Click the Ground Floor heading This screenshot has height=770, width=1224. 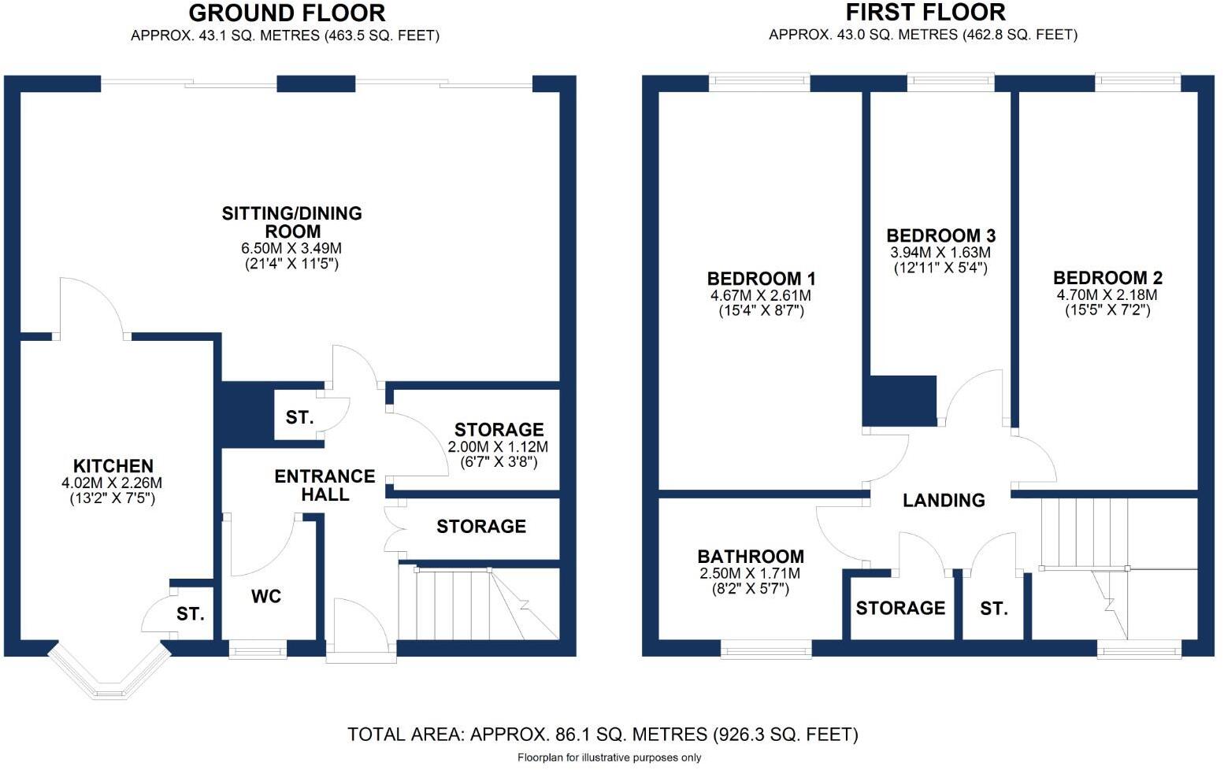pos(287,13)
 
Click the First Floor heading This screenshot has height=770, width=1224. pos(925,12)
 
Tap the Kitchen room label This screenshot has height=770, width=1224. pos(113,466)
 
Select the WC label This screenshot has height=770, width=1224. pos(266,596)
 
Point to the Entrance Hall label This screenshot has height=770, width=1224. pos(325,485)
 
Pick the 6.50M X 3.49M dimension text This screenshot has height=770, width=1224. pos(291,248)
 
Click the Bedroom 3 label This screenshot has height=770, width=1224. pos(941,235)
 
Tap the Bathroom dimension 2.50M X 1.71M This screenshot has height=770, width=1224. pos(750,573)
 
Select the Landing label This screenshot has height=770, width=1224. pos(944,500)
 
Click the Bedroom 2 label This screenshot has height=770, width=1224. pos(1107,277)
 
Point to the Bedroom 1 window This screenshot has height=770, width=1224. pos(759,82)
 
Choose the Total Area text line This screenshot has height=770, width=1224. pos(603,735)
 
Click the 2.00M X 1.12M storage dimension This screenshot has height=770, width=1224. pos(498,446)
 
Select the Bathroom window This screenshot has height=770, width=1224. pos(766,649)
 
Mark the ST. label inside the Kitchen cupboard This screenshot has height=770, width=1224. pos(190,614)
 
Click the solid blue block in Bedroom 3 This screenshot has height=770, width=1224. pos(899,401)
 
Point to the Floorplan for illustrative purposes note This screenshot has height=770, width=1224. pos(610,758)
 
